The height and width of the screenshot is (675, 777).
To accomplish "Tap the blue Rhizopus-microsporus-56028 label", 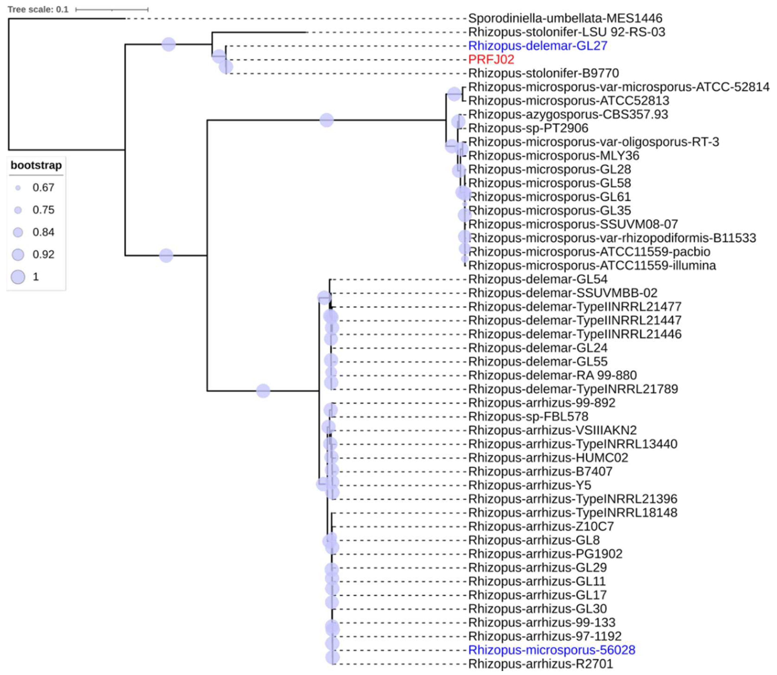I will coord(551,650).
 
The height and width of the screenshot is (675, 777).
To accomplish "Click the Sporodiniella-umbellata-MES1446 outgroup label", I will coord(565,18).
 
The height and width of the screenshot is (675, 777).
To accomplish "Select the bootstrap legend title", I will coord(36,165).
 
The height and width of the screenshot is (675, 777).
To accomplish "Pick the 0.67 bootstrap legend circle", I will coord(18,188).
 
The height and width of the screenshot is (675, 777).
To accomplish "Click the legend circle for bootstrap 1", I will coord(18,277).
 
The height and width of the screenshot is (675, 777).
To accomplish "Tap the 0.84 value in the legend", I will coord(43,232).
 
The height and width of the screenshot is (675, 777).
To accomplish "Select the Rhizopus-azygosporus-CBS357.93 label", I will coord(568,114).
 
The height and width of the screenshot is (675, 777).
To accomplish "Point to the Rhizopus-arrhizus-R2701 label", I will coord(540,664).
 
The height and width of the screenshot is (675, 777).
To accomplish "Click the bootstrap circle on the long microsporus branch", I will coord(326,120).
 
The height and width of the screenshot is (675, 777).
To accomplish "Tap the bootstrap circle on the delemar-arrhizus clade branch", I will coord(263,391).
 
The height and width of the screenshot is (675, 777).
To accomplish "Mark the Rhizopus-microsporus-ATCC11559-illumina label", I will coord(592,266).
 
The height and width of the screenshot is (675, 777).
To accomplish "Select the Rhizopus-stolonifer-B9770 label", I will coord(543,73).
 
